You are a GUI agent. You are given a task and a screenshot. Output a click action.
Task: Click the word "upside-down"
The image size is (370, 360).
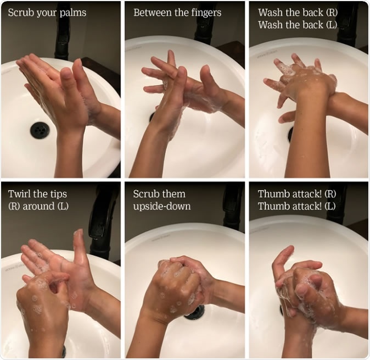162,206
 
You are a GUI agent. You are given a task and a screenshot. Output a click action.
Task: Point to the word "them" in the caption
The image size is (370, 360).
174,193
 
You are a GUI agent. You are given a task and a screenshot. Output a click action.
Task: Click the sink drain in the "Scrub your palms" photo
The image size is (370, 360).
40,130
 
